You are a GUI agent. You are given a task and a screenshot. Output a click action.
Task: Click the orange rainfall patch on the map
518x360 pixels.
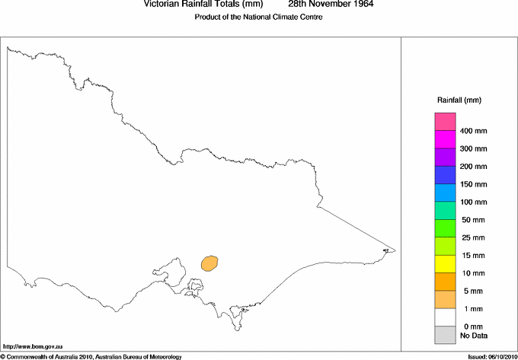click(x=209, y=263)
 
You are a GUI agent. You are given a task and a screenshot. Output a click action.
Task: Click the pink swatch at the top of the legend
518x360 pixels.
click(x=445, y=122)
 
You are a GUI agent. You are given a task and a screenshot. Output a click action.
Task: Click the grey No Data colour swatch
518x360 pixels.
click(x=445, y=335)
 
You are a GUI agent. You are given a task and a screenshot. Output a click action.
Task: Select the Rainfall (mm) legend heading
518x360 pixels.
click(x=459, y=100)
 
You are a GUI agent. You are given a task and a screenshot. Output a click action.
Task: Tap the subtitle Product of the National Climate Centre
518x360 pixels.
click(x=259, y=17)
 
